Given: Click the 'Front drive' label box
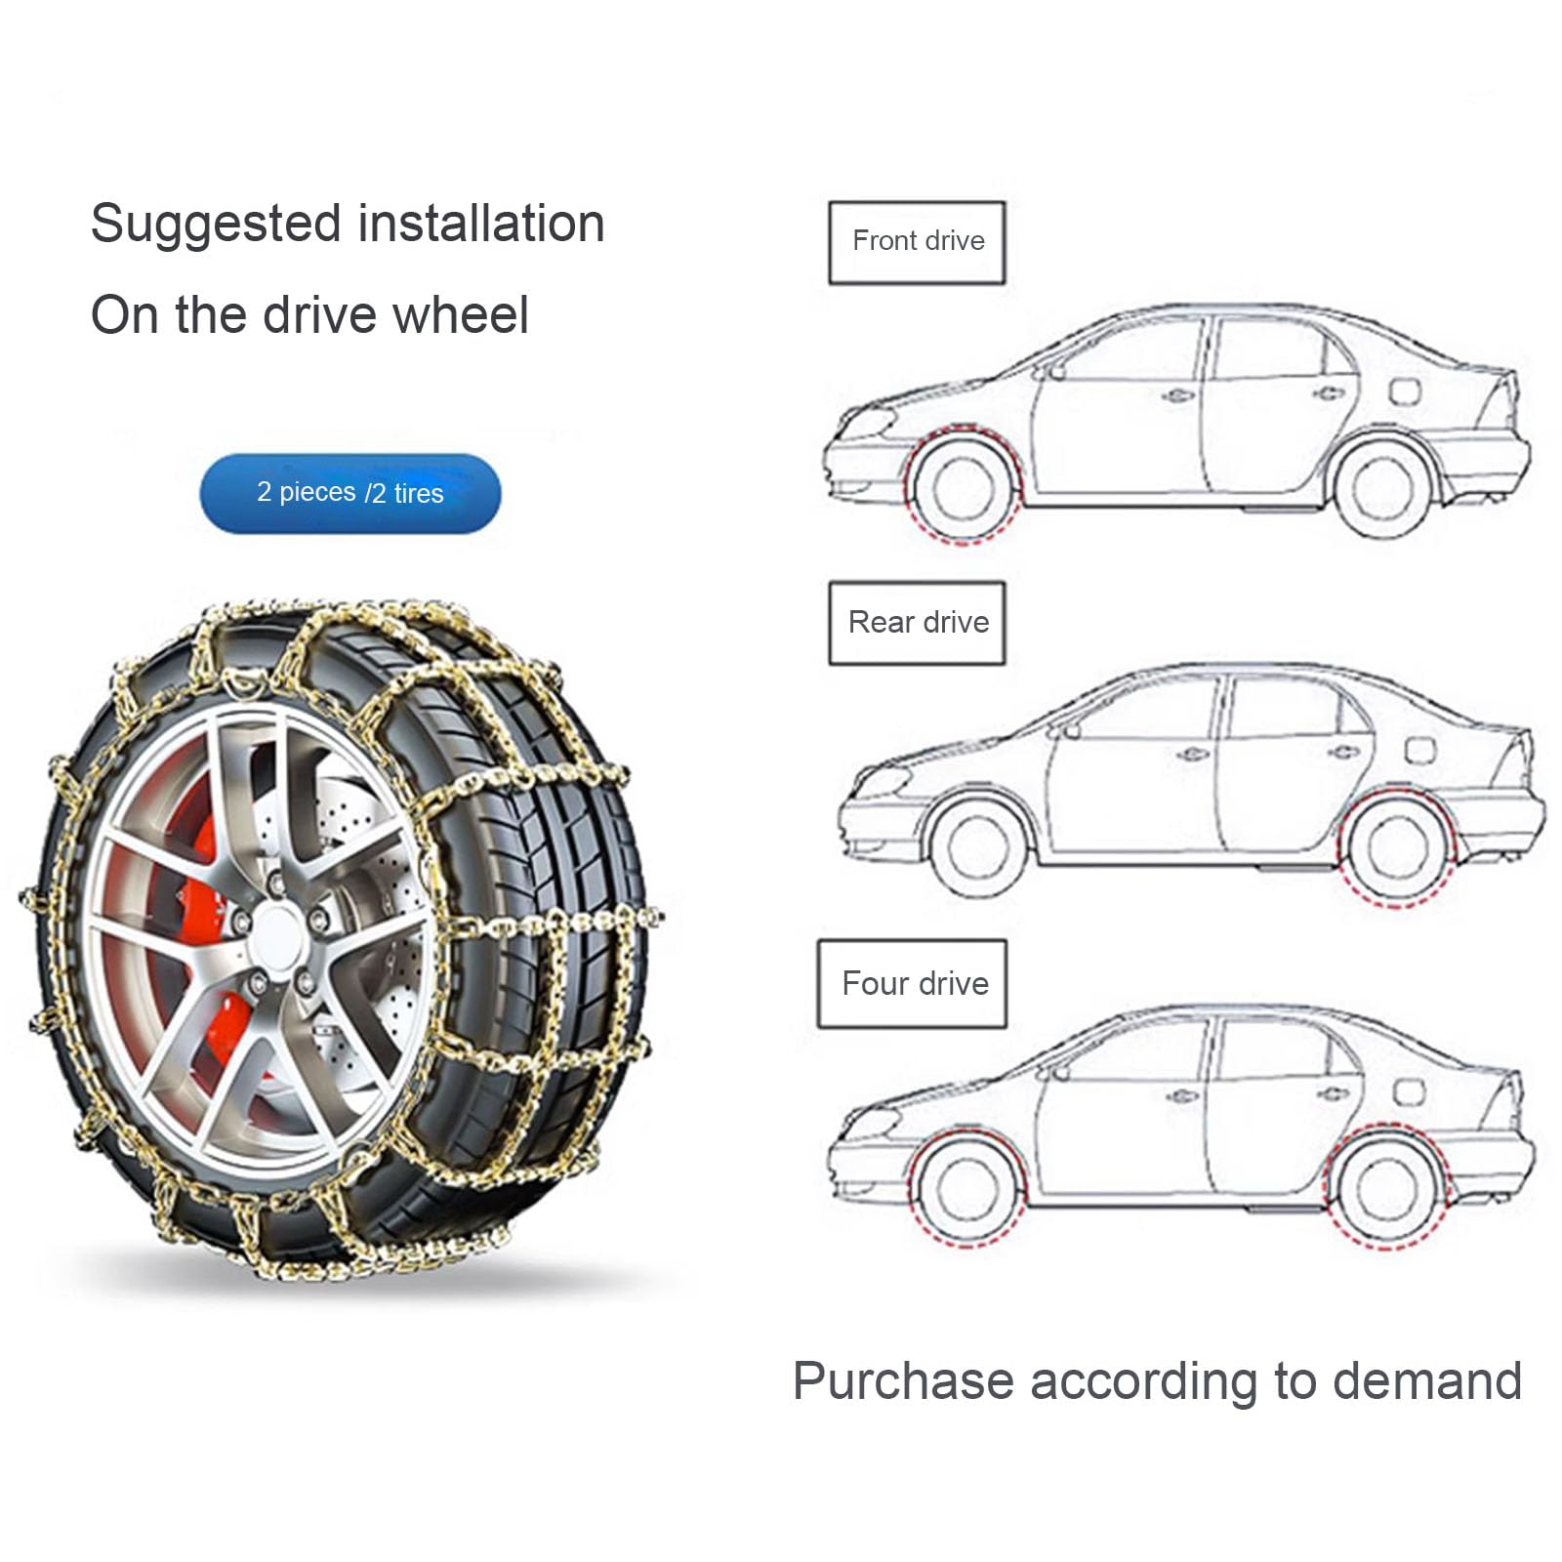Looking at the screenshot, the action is (917, 242).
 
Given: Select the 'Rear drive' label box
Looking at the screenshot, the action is (917, 623).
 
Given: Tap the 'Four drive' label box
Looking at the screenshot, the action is (912, 983).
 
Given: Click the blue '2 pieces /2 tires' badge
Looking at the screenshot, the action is (350, 493).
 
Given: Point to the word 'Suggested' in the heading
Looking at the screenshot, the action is (216, 225).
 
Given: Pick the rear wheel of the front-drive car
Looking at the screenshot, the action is (1384, 488).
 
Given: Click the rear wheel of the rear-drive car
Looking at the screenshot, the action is (1398, 847).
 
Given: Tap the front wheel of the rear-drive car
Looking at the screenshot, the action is (976, 845).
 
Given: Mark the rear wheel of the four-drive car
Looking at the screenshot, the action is (1386, 1192).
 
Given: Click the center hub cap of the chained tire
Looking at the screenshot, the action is (278, 929).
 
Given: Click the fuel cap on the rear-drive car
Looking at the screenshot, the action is (1418, 750).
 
